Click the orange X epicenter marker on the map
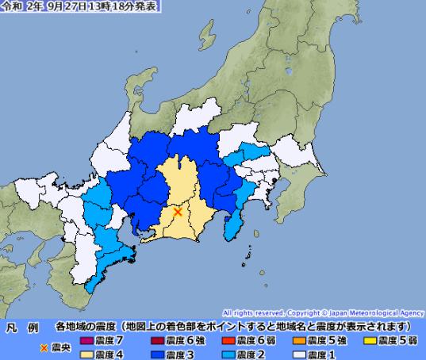[x=178, y=211]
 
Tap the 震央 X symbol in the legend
[x=44, y=347]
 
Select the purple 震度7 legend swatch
[x=86, y=339]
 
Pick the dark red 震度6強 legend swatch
[x=156, y=339]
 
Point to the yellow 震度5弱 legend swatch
[x=368, y=339]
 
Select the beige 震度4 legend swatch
[x=86, y=354]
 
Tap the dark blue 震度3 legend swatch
[x=156, y=354]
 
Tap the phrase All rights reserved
[x=251, y=313]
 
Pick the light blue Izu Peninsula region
[x=235, y=223]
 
